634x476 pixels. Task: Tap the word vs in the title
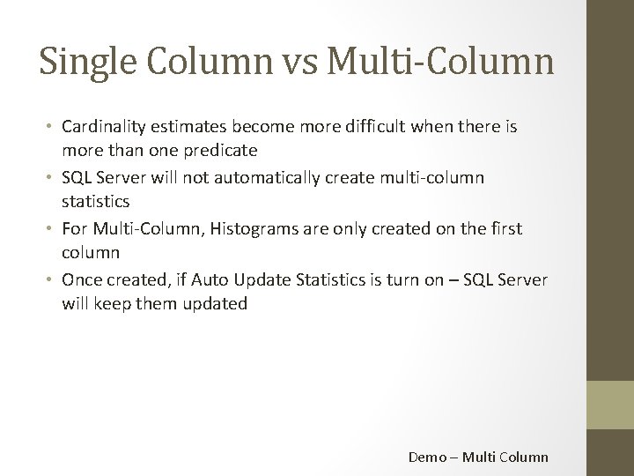pos(306,63)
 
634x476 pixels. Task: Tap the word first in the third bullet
pos(505,229)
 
